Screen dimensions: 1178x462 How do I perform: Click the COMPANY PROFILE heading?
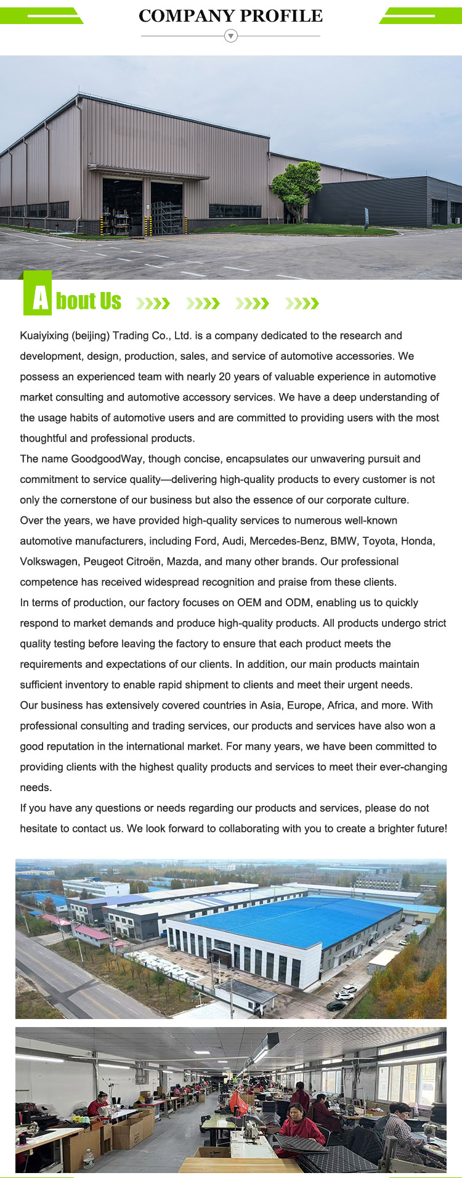[230, 16]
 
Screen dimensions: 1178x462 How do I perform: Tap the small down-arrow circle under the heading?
[230, 36]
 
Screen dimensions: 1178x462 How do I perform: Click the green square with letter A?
[38, 298]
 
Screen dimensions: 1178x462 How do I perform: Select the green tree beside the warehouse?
[297, 185]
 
